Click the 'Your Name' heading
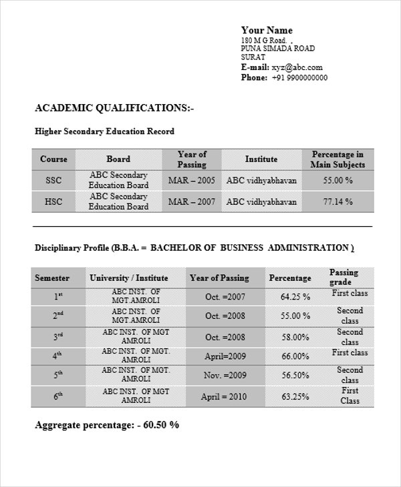pos(267,30)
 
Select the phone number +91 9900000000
pos(299,77)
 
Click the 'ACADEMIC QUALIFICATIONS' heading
pos(114,108)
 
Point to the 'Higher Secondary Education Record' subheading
pos(104,132)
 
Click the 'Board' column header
pos(118,159)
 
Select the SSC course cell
pos(53,180)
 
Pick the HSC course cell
pos(53,201)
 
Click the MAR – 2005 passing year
pos(192,180)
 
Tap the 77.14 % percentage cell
pos(338,201)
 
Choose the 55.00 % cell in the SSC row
pos(338,180)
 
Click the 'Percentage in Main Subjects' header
pos(338,159)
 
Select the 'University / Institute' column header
pos(129,278)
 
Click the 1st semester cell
pos(58,297)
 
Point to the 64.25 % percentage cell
pos(295,297)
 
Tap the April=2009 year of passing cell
pos(225,356)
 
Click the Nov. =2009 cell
pos(225,376)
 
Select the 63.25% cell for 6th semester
pos(295,397)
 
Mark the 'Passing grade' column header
pos(344,278)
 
